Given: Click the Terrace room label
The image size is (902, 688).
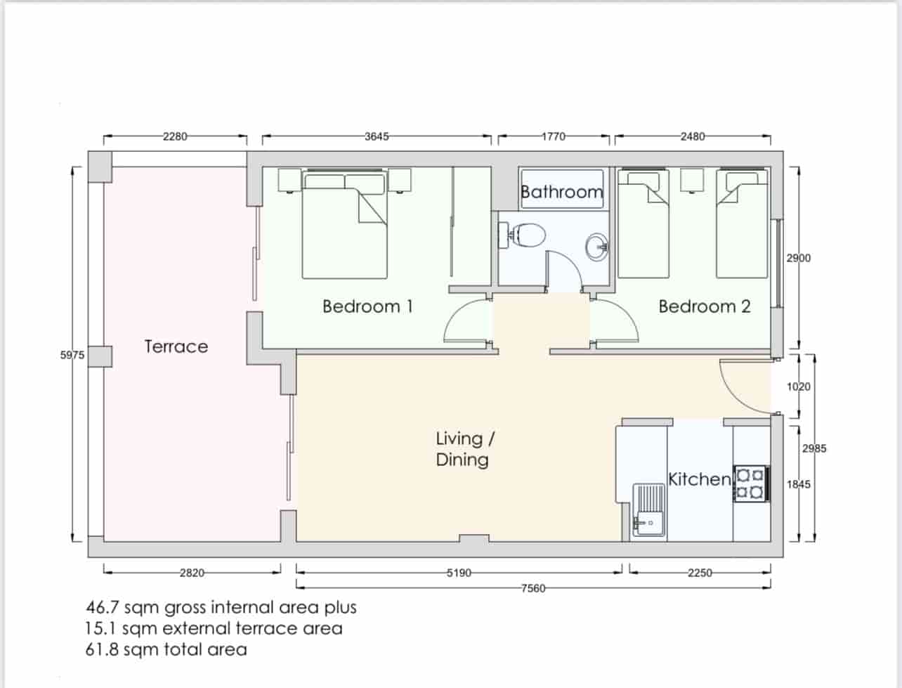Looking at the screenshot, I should point(176,346).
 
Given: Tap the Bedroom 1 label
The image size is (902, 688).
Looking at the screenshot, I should point(367,306).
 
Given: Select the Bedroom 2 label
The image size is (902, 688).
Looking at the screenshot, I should point(704,306).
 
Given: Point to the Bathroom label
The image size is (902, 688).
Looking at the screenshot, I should point(561,192).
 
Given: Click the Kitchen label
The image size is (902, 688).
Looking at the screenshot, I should point(699,479).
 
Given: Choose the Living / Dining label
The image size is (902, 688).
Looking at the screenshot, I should point(463,449).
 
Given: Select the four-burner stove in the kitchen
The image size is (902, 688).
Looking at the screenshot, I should point(751,483).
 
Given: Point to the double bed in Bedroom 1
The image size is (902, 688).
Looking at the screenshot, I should point(344,225).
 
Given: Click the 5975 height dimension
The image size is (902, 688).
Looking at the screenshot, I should point(72,356).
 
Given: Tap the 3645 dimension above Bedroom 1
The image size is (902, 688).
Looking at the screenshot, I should point(377,136).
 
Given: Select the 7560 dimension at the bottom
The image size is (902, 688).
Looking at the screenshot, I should point(533,588).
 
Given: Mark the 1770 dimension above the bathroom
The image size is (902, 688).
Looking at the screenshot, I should point(554,136).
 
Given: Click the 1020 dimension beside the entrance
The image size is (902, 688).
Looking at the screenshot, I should point(798,387).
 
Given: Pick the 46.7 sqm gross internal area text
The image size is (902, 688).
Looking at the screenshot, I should point(221,607).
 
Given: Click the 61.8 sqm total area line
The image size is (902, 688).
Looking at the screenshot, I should point(166,649).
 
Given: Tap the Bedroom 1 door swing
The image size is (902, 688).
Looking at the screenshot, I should point(467,322).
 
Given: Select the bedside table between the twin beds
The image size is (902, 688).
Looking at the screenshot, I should point(693,180).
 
